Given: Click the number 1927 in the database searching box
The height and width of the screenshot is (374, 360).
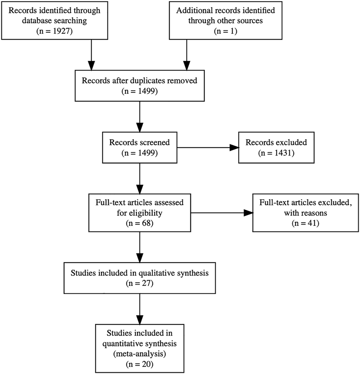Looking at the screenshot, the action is coord(61,31).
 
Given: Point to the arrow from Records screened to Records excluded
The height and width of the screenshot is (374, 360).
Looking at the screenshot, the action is coord(208,148).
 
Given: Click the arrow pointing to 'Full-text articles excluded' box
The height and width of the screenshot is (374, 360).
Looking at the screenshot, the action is coord(222,213).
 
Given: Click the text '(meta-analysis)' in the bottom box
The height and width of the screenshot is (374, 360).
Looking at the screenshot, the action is coord(140,354).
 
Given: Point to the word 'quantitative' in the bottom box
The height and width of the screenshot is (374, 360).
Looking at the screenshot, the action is coord(123,344).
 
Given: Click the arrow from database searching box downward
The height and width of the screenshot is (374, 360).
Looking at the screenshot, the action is coord(91,55).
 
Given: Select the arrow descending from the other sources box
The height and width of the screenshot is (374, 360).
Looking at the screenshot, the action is coord(187,55).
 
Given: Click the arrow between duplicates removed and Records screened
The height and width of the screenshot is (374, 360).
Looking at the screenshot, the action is coord(140,116).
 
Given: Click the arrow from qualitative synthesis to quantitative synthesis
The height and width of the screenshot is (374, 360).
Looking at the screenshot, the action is coord(140,309).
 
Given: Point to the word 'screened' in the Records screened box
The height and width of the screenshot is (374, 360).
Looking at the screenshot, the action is coord(155,142).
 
